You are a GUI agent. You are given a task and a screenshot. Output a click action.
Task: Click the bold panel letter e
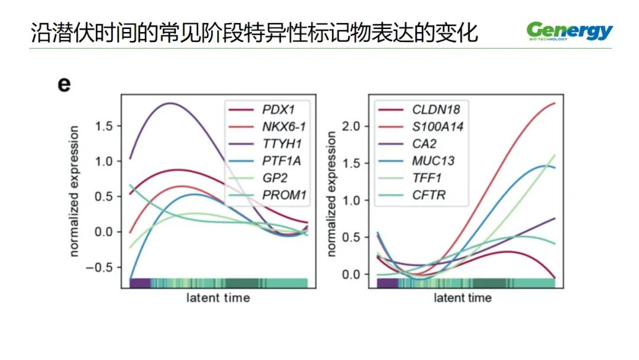[x=64, y=84]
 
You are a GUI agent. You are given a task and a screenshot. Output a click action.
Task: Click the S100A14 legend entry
[x=437, y=126]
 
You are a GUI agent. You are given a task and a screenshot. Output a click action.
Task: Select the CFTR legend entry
[x=429, y=195]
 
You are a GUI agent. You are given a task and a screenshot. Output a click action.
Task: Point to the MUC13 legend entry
[x=433, y=160]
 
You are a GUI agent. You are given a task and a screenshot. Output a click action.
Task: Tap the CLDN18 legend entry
[x=435, y=110]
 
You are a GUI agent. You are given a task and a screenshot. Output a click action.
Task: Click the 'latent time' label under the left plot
[x=218, y=297]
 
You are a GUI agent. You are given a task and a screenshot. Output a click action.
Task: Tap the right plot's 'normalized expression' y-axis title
[x=331, y=194]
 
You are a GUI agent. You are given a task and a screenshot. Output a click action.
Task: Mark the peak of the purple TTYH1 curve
[x=171, y=103]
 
